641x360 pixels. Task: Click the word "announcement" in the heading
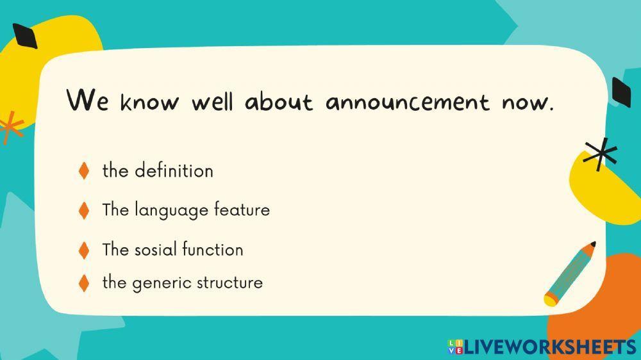click(x=407, y=102)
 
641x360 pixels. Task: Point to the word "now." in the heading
click(x=527, y=102)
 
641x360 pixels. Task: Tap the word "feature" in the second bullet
click(x=242, y=209)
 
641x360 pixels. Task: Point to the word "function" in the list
click(x=212, y=249)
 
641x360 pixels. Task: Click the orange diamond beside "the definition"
click(x=83, y=171)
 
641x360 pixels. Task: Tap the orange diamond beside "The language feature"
click(x=83, y=210)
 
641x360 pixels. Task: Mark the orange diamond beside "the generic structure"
click(x=83, y=282)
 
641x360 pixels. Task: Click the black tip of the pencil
click(x=592, y=244)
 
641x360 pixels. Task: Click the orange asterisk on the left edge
click(x=11, y=126)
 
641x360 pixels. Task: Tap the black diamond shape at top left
click(x=25, y=36)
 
